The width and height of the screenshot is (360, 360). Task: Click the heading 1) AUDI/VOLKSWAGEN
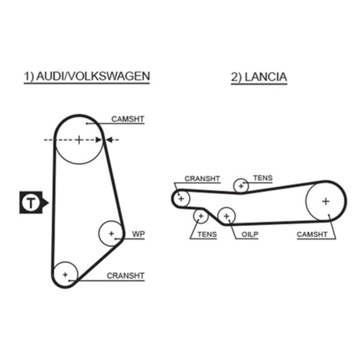pos(86,76)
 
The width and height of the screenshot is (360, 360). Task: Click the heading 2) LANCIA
pos(259,77)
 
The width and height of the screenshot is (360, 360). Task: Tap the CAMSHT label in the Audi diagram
pos(127,119)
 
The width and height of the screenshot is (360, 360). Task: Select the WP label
pos(138,234)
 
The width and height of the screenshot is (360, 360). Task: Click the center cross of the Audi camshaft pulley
pos(79,140)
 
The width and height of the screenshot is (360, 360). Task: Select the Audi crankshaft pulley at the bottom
pos(65,275)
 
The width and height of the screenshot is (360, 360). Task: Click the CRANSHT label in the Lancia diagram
pos(202,179)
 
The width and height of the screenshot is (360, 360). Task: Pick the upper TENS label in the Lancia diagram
pos(263,178)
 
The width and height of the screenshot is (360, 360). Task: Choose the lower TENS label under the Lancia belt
pos(207,235)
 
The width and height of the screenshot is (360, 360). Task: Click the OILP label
pos(250,235)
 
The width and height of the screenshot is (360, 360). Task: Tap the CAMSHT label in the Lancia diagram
pos(312,235)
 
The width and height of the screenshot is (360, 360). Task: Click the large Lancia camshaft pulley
pos(325,201)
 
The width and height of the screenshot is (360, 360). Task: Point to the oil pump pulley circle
pos(226,216)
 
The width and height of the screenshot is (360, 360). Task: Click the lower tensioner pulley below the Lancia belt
pos(201,216)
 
